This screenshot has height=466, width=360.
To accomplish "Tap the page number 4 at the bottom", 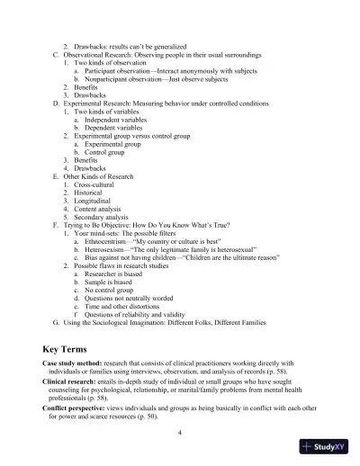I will tap(180, 433).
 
